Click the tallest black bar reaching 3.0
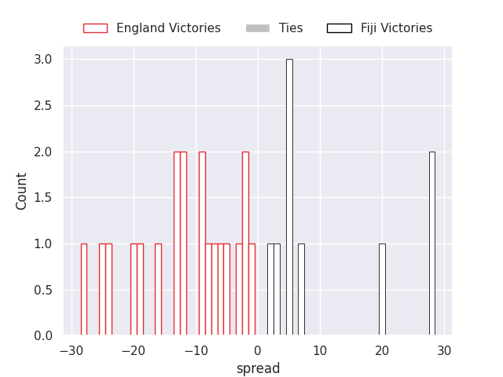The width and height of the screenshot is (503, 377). click(289, 197)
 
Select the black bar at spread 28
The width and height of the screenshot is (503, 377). click(431, 243)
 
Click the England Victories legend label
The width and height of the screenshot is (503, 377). click(168, 28)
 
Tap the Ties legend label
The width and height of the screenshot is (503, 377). click(291, 28)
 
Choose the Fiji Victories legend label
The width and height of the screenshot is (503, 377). click(396, 28)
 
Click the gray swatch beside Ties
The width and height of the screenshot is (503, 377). click(258, 28)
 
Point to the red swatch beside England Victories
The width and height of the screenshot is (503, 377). click(95, 28)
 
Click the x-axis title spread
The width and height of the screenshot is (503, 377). click(258, 368)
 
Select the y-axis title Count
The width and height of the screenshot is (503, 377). click(22, 191)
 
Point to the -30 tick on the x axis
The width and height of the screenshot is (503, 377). click(72, 350)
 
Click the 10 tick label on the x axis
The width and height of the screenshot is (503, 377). click(320, 350)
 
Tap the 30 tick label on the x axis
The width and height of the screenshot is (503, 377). click(444, 350)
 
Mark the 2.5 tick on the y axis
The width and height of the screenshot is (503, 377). click(42, 105)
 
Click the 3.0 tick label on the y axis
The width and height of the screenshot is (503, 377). click(42, 60)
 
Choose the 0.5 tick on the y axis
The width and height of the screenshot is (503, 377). click(42, 290)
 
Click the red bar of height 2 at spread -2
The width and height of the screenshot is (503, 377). click(245, 243)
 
